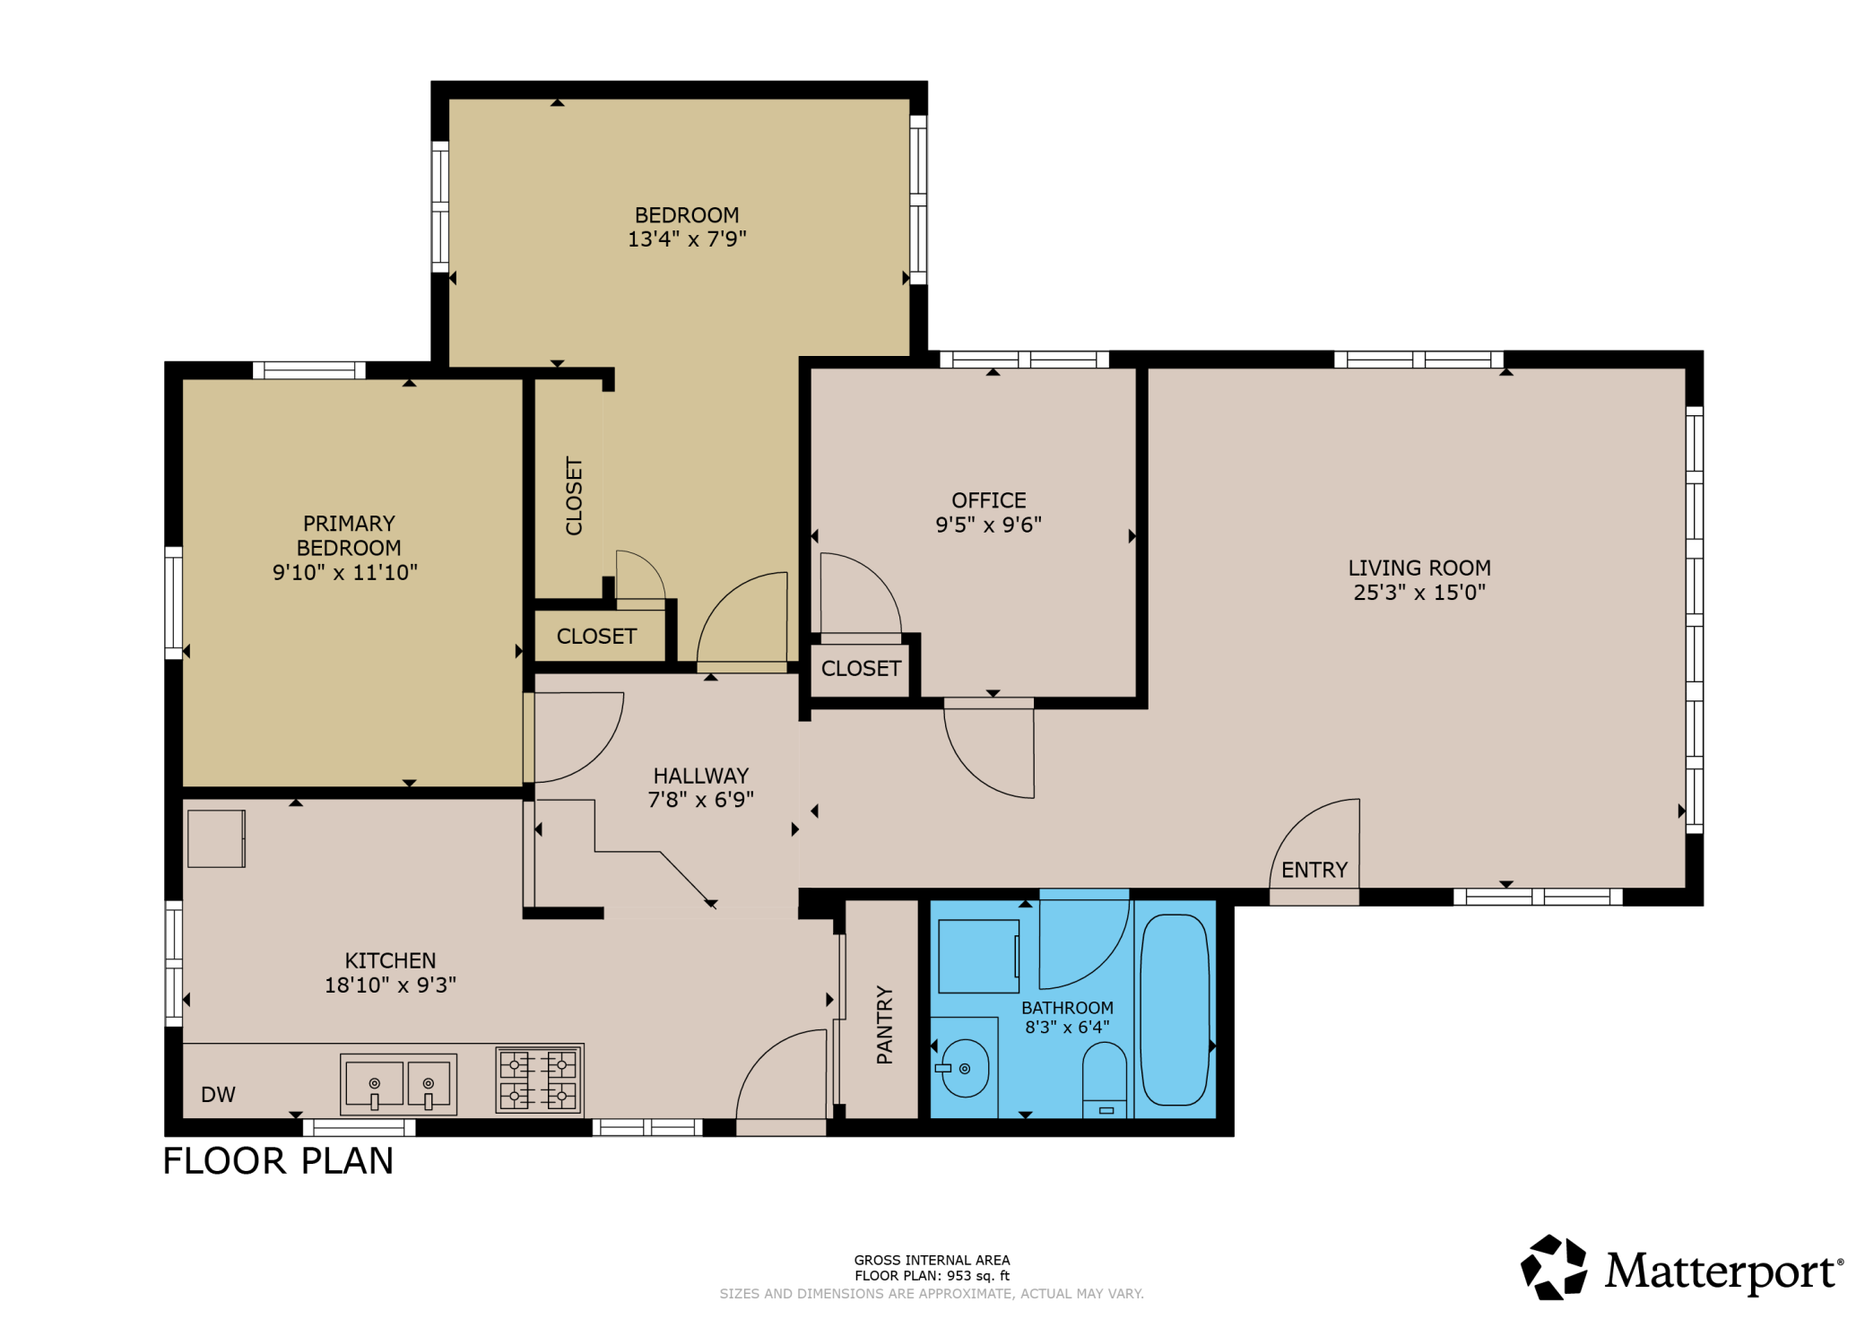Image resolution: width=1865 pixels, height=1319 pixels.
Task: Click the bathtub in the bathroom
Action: pos(1175,1010)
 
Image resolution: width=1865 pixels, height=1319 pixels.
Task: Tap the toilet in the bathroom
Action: pos(1105,1080)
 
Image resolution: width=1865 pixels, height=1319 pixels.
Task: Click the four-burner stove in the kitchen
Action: pos(540,1080)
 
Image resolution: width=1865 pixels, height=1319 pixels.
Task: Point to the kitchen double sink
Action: pos(398,1084)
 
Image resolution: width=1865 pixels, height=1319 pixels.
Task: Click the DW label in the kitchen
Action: pos(218,1095)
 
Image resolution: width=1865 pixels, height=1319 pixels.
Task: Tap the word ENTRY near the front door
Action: pos(1314,870)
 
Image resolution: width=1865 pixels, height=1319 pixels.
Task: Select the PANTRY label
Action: pos(884,1025)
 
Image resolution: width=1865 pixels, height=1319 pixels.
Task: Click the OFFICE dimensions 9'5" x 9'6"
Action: pos(989,525)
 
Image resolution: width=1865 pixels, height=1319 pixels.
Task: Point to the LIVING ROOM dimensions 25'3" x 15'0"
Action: pos(1419,592)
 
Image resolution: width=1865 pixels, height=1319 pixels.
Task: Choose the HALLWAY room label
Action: pos(701,776)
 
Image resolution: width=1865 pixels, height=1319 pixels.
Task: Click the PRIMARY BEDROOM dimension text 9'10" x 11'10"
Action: pos(345,572)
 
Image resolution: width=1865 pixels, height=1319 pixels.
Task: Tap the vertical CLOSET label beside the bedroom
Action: pos(574,496)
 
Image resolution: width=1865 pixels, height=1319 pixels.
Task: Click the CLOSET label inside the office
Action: pos(861,668)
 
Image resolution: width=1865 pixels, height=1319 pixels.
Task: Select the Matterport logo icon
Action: pos(1554,1267)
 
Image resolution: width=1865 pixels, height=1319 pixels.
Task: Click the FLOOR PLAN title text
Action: pos(278,1161)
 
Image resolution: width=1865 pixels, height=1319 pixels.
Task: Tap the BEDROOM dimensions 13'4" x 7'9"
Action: pos(687,239)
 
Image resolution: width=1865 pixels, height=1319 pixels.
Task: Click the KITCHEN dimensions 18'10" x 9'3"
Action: pos(390,985)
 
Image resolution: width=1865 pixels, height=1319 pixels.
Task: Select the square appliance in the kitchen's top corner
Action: pos(216,838)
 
